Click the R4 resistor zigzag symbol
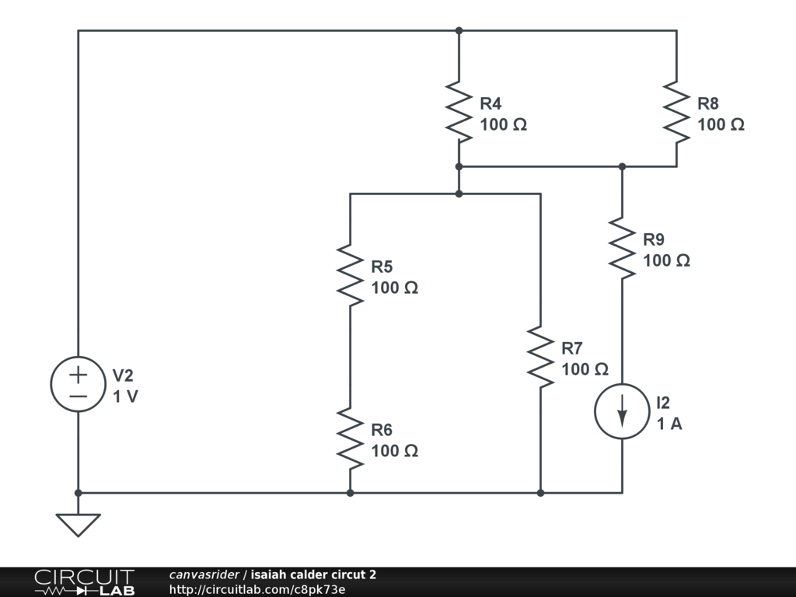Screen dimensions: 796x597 pyautogui.click(x=459, y=112)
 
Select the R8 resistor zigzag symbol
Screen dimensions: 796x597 pyautogui.click(x=677, y=112)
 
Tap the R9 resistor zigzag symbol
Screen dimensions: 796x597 pyautogui.click(x=623, y=248)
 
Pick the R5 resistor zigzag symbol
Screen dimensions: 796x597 pyautogui.click(x=351, y=275)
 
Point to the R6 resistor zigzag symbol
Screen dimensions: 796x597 pyautogui.click(x=351, y=438)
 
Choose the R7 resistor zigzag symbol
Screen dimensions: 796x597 pyautogui.click(x=541, y=357)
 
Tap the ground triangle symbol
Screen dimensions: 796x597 pyautogui.click(x=79, y=525)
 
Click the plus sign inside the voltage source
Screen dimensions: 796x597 pyautogui.click(x=79, y=375)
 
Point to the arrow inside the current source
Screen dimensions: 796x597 pyautogui.click(x=623, y=412)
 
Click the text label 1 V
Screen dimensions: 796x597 pyautogui.click(x=125, y=396)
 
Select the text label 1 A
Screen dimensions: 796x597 pyautogui.click(x=669, y=424)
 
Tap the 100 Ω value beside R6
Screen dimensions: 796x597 pyautogui.click(x=394, y=451)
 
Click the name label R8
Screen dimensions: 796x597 pyautogui.click(x=708, y=103)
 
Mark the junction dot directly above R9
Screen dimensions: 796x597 pyautogui.click(x=623, y=166)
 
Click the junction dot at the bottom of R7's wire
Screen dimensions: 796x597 pyautogui.click(x=541, y=493)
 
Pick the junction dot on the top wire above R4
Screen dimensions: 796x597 pyautogui.click(x=459, y=30)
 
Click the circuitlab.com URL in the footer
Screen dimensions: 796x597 pyautogui.click(x=257, y=589)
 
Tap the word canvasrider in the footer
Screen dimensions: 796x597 pyautogui.click(x=204, y=574)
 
